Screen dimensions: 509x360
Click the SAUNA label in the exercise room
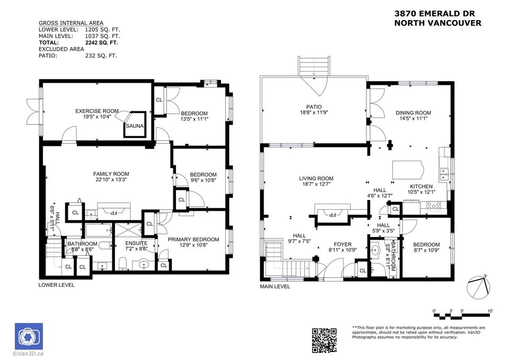pos(135,126)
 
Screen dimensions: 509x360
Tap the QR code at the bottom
pos(324,340)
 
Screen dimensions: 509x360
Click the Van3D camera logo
pos(29,336)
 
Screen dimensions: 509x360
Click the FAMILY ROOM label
pos(111,174)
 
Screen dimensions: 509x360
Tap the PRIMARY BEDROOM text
pos(194,240)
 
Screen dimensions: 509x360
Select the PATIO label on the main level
pos(314,107)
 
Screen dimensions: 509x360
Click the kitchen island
pos(408,170)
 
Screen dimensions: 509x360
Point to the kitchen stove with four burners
pos(434,206)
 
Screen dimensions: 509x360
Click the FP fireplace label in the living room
pos(332,215)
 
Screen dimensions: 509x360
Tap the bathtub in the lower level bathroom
pos(99,230)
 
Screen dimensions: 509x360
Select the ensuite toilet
pos(122,264)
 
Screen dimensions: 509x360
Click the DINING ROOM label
pos(413,113)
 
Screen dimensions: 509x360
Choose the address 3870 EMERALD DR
pos(435,14)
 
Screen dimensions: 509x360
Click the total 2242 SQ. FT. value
pos(102,42)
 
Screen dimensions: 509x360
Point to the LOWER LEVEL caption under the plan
pos(57,285)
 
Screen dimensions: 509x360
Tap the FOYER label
pos(343,244)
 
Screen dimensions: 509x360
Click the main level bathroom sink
pos(375,250)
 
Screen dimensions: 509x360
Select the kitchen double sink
pos(443,174)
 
